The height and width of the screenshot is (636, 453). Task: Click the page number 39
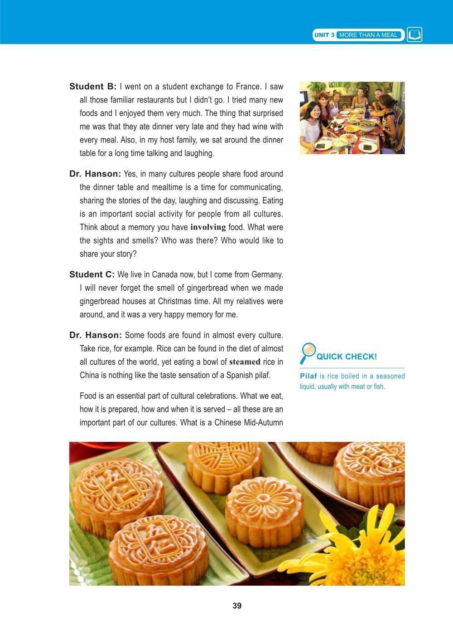(237, 606)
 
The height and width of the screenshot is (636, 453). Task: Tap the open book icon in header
(414, 35)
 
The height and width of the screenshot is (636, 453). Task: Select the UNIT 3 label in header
(324, 35)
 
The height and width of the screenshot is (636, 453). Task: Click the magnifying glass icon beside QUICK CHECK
(308, 353)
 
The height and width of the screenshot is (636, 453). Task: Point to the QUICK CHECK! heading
(347, 357)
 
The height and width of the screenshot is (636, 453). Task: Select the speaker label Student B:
(93, 87)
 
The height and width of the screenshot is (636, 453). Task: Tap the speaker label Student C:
(92, 274)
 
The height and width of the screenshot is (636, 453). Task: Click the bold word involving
(208, 227)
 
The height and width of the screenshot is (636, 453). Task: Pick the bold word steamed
(245, 362)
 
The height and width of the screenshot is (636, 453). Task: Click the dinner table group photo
(352, 118)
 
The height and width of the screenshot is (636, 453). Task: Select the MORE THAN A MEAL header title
(368, 35)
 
